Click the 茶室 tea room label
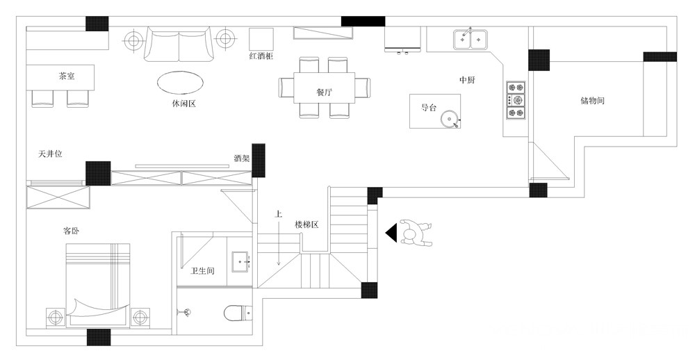coord(67,76)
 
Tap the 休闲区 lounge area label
coord(183,104)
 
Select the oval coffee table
coord(181,82)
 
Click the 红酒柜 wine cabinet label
coord(261,56)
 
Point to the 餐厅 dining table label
coord(324,92)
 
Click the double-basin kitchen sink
coord(471,39)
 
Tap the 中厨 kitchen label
coord(467,80)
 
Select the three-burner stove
coord(516,100)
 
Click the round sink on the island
coord(450,118)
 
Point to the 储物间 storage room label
coord(593,101)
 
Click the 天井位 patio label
coord(50,154)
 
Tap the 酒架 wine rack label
coord(242,158)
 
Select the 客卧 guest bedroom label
coord(72,231)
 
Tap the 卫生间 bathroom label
coord(202,270)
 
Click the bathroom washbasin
coord(241,261)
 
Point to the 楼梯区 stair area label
coord(306,224)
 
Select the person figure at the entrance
coord(416,233)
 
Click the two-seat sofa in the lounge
coord(179,44)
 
